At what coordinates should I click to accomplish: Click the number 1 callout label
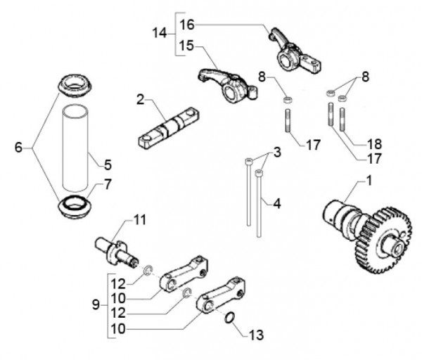point(368,181)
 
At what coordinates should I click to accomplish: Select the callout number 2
point(141,101)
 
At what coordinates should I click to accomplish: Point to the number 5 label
point(108,165)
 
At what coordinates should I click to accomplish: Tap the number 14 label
point(159,33)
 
